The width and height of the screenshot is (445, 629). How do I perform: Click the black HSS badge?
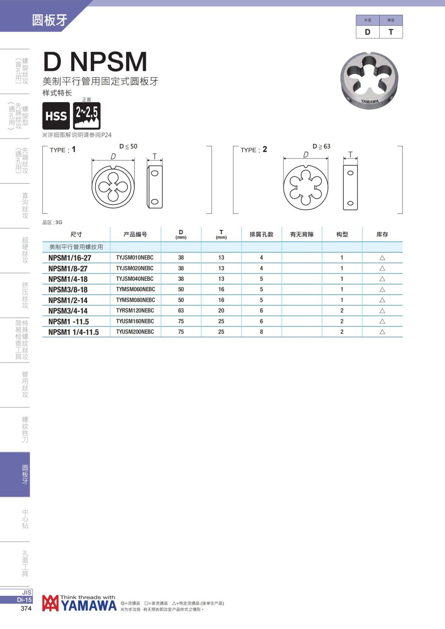(56, 116)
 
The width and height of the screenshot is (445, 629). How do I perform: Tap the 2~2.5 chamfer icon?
(86, 116)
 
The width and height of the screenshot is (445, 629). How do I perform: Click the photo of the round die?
(369, 80)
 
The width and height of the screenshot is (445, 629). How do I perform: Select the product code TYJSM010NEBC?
(135, 257)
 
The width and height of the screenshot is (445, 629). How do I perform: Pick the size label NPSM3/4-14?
(68, 311)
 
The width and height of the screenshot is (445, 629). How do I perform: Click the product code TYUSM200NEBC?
(135, 332)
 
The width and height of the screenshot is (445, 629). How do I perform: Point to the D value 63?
(181, 310)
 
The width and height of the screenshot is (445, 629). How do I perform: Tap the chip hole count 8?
(261, 332)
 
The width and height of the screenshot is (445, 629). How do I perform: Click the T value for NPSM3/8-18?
(221, 289)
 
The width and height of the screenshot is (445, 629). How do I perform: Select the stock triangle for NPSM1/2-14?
(382, 300)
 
